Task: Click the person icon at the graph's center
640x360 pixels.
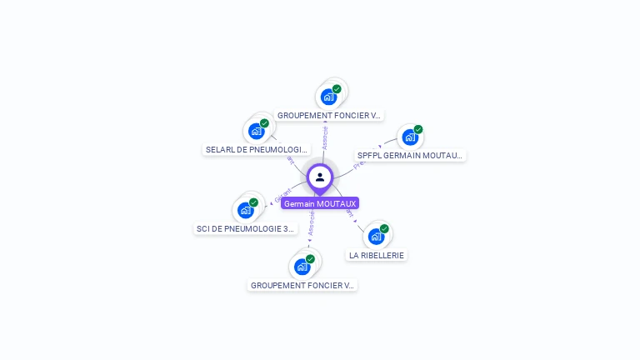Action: (320, 177)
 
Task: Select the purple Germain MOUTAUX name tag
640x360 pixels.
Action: (320, 203)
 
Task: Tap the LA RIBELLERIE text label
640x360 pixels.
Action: (377, 255)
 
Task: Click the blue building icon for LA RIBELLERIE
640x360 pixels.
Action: (376, 237)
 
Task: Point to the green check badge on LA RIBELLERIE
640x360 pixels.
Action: (384, 228)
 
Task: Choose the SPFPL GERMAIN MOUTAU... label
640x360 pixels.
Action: (410, 155)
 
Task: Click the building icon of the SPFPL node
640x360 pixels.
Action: (410, 137)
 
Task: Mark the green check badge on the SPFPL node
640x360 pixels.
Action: (418, 129)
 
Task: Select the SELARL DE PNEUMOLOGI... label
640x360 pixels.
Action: (257, 150)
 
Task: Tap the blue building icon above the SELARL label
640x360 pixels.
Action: (256, 131)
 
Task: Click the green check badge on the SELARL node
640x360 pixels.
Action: (264, 123)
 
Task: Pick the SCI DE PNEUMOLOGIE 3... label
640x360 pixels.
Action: (246, 228)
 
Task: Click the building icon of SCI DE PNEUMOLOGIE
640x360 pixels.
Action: (245, 210)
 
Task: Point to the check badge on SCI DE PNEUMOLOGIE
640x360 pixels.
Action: (253, 202)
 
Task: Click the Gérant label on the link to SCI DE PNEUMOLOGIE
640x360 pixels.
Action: (282, 194)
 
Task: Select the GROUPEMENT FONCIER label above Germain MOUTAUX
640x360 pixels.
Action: (329, 115)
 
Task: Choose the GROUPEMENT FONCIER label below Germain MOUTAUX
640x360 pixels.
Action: (302, 285)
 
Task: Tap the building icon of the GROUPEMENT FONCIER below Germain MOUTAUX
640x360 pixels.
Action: (302, 267)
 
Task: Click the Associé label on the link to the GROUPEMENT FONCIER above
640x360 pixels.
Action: (324, 137)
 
